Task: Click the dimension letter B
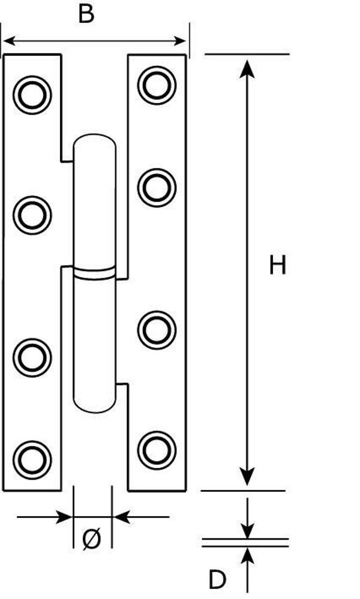click(86, 14)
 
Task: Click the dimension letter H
click(277, 265)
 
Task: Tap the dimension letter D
click(217, 580)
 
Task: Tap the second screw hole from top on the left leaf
click(32, 215)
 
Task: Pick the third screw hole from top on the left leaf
click(32, 357)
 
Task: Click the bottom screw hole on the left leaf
click(32, 460)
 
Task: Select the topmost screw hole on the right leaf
click(157, 85)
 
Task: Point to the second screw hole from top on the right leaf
click(157, 187)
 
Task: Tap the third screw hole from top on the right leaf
click(157, 330)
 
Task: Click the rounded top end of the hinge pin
click(94, 142)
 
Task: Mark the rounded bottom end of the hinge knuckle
click(94, 404)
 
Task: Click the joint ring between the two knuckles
click(94, 273)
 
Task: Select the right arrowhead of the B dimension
click(179, 41)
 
